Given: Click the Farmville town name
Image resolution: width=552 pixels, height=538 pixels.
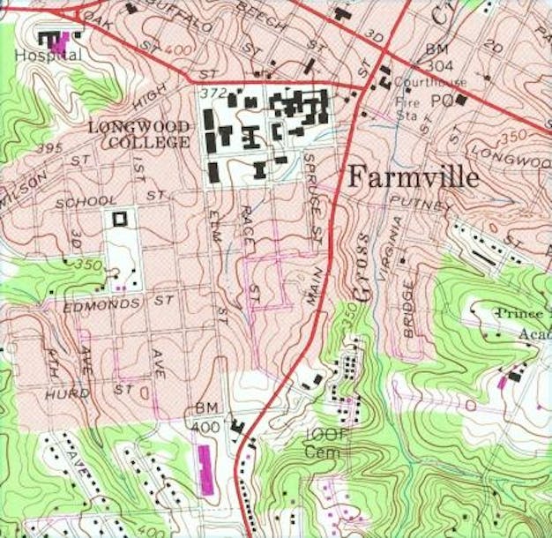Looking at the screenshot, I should pos(414,176).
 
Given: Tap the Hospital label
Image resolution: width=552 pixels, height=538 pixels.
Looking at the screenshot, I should pos(48,55).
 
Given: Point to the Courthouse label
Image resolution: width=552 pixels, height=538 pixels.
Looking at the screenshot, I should pos(419,83).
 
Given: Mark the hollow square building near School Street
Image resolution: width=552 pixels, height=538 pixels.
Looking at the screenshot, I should pos(119,216).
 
